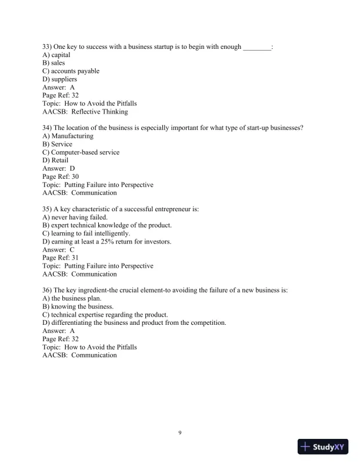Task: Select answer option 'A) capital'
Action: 56,55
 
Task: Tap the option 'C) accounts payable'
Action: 71,71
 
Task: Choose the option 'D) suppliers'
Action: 59,79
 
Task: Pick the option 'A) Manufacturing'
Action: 68,136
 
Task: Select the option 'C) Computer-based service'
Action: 81,152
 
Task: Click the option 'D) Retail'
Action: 55,160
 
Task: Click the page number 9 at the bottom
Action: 180,433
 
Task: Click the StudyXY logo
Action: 324,447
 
